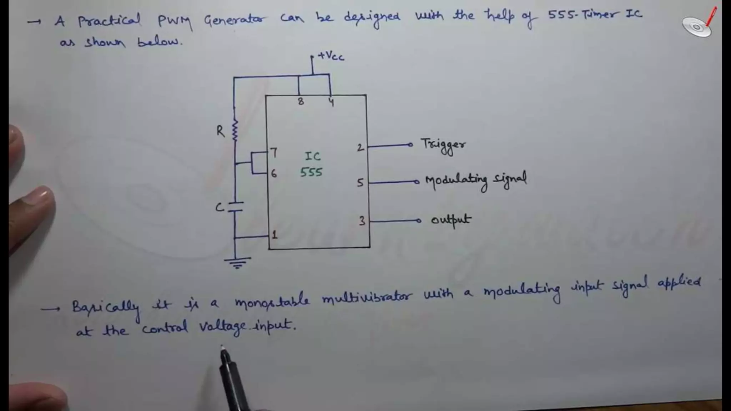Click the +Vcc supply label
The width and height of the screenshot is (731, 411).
coord(331,56)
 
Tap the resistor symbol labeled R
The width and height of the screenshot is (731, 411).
coord(235,131)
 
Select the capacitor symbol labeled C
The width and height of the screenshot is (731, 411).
coord(235,207)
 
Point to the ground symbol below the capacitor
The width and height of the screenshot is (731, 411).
coord(237,263)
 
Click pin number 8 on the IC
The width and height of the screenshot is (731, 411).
coord(301,102)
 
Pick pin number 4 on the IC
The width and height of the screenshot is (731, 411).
coord(331,102)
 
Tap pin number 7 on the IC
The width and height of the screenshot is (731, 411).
coord(274,153)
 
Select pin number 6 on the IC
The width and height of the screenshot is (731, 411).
coord(274,174)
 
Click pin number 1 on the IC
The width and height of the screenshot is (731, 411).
coord(274,235)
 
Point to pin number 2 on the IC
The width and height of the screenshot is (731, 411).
coord(360,147)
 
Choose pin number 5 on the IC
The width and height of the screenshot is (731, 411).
coord(360,183)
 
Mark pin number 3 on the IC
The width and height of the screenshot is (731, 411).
coord(362,221)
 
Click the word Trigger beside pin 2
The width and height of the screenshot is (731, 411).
coord(443,145)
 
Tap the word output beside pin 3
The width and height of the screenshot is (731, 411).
coord(451,220)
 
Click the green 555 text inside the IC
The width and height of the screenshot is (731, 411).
coord(311,172)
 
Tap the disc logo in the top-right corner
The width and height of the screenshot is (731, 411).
coord(697,27)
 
